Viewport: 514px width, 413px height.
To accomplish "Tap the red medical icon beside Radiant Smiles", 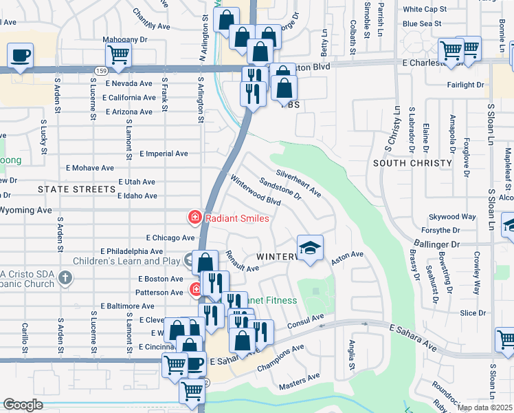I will tap(195, 218).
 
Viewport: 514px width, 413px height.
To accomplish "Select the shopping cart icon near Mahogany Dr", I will tap(119, 54).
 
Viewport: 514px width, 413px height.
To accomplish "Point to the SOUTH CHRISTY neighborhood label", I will tap(412, 163).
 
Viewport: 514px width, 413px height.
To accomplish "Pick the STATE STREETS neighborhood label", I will tap(76, 189).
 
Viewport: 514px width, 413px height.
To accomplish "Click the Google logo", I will tap(23, 404).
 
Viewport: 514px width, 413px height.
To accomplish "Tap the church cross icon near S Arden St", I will tap(65, 278).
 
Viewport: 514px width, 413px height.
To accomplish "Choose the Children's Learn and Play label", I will tap(142, 261).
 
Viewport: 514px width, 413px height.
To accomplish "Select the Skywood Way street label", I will tap(451, 216).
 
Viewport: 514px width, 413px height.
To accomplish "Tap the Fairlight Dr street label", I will tap(465, 85).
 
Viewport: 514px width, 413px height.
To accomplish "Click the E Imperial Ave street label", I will tap(164, 154).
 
